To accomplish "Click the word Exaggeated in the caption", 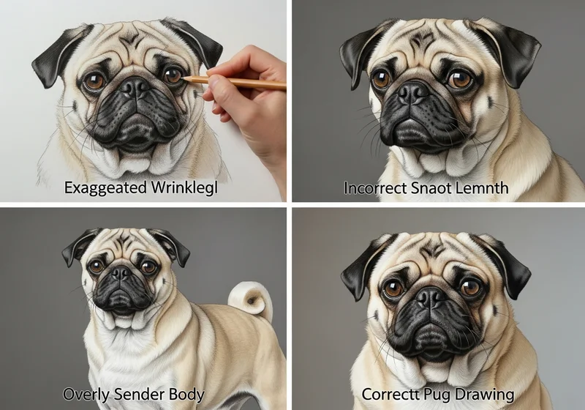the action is pos(105,187).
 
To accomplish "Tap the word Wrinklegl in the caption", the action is pos(184,187).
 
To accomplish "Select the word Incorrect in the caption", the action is pos(375,187).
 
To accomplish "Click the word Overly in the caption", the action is pos(86,395).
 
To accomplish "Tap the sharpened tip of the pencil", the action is pos(182,78).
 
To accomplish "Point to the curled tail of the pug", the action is pos(250,299).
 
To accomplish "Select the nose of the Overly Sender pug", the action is pos(121,273).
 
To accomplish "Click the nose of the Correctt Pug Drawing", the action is pos(431,297).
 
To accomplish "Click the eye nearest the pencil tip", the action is pos(173,75).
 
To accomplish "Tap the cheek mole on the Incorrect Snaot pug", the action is pos(489,101).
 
